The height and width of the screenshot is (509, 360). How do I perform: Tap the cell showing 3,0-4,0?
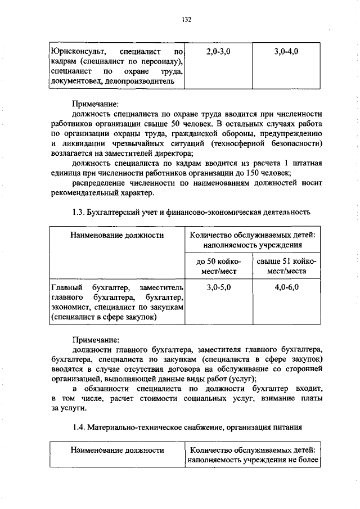coord(286,51)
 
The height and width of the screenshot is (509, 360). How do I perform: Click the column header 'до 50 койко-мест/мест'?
coord(218,266)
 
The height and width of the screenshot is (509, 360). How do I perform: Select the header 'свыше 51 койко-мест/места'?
coord(286,266)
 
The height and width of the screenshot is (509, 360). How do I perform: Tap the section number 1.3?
coord(79,212)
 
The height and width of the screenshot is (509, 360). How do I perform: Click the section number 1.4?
coord(79,427)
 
